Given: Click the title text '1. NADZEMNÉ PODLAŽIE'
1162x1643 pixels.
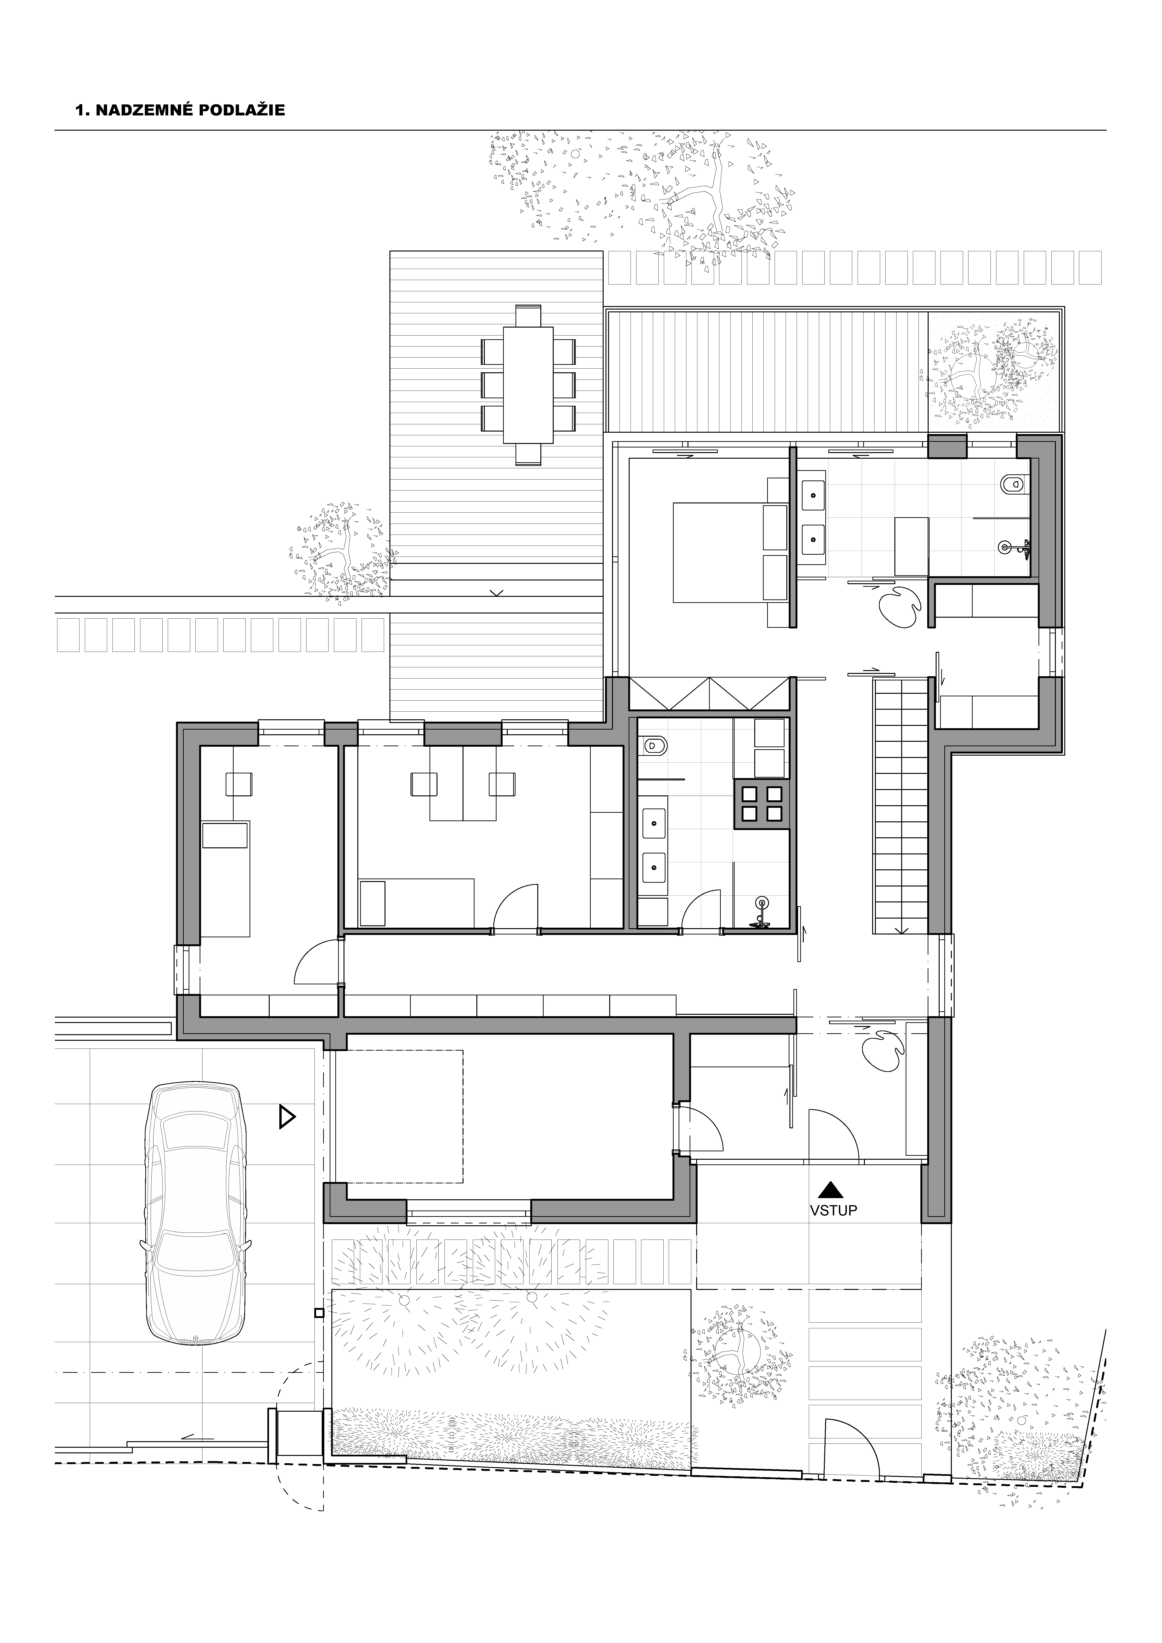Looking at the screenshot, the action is tap(180, 110).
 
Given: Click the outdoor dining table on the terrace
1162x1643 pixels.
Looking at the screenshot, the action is tap(528, 385).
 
